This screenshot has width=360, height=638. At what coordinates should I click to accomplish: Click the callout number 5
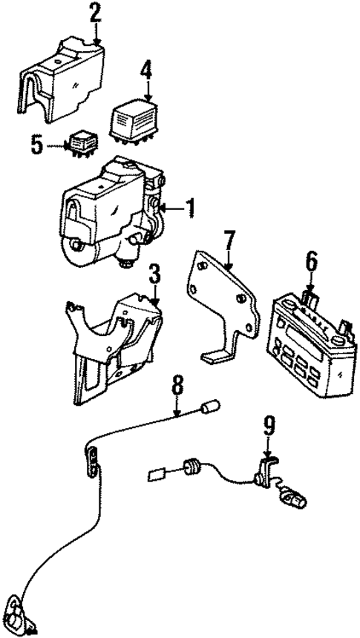tap(38, 143)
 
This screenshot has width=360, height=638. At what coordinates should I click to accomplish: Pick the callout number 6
tap(310, 261)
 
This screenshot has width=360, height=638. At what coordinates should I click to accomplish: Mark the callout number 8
tap(177, 386)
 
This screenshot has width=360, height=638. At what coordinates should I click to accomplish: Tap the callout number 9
tap(269, 425)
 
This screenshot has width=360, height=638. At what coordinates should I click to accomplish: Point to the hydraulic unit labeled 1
tap(111, 215)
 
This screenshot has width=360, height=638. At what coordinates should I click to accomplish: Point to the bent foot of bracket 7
tap(215, 358)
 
